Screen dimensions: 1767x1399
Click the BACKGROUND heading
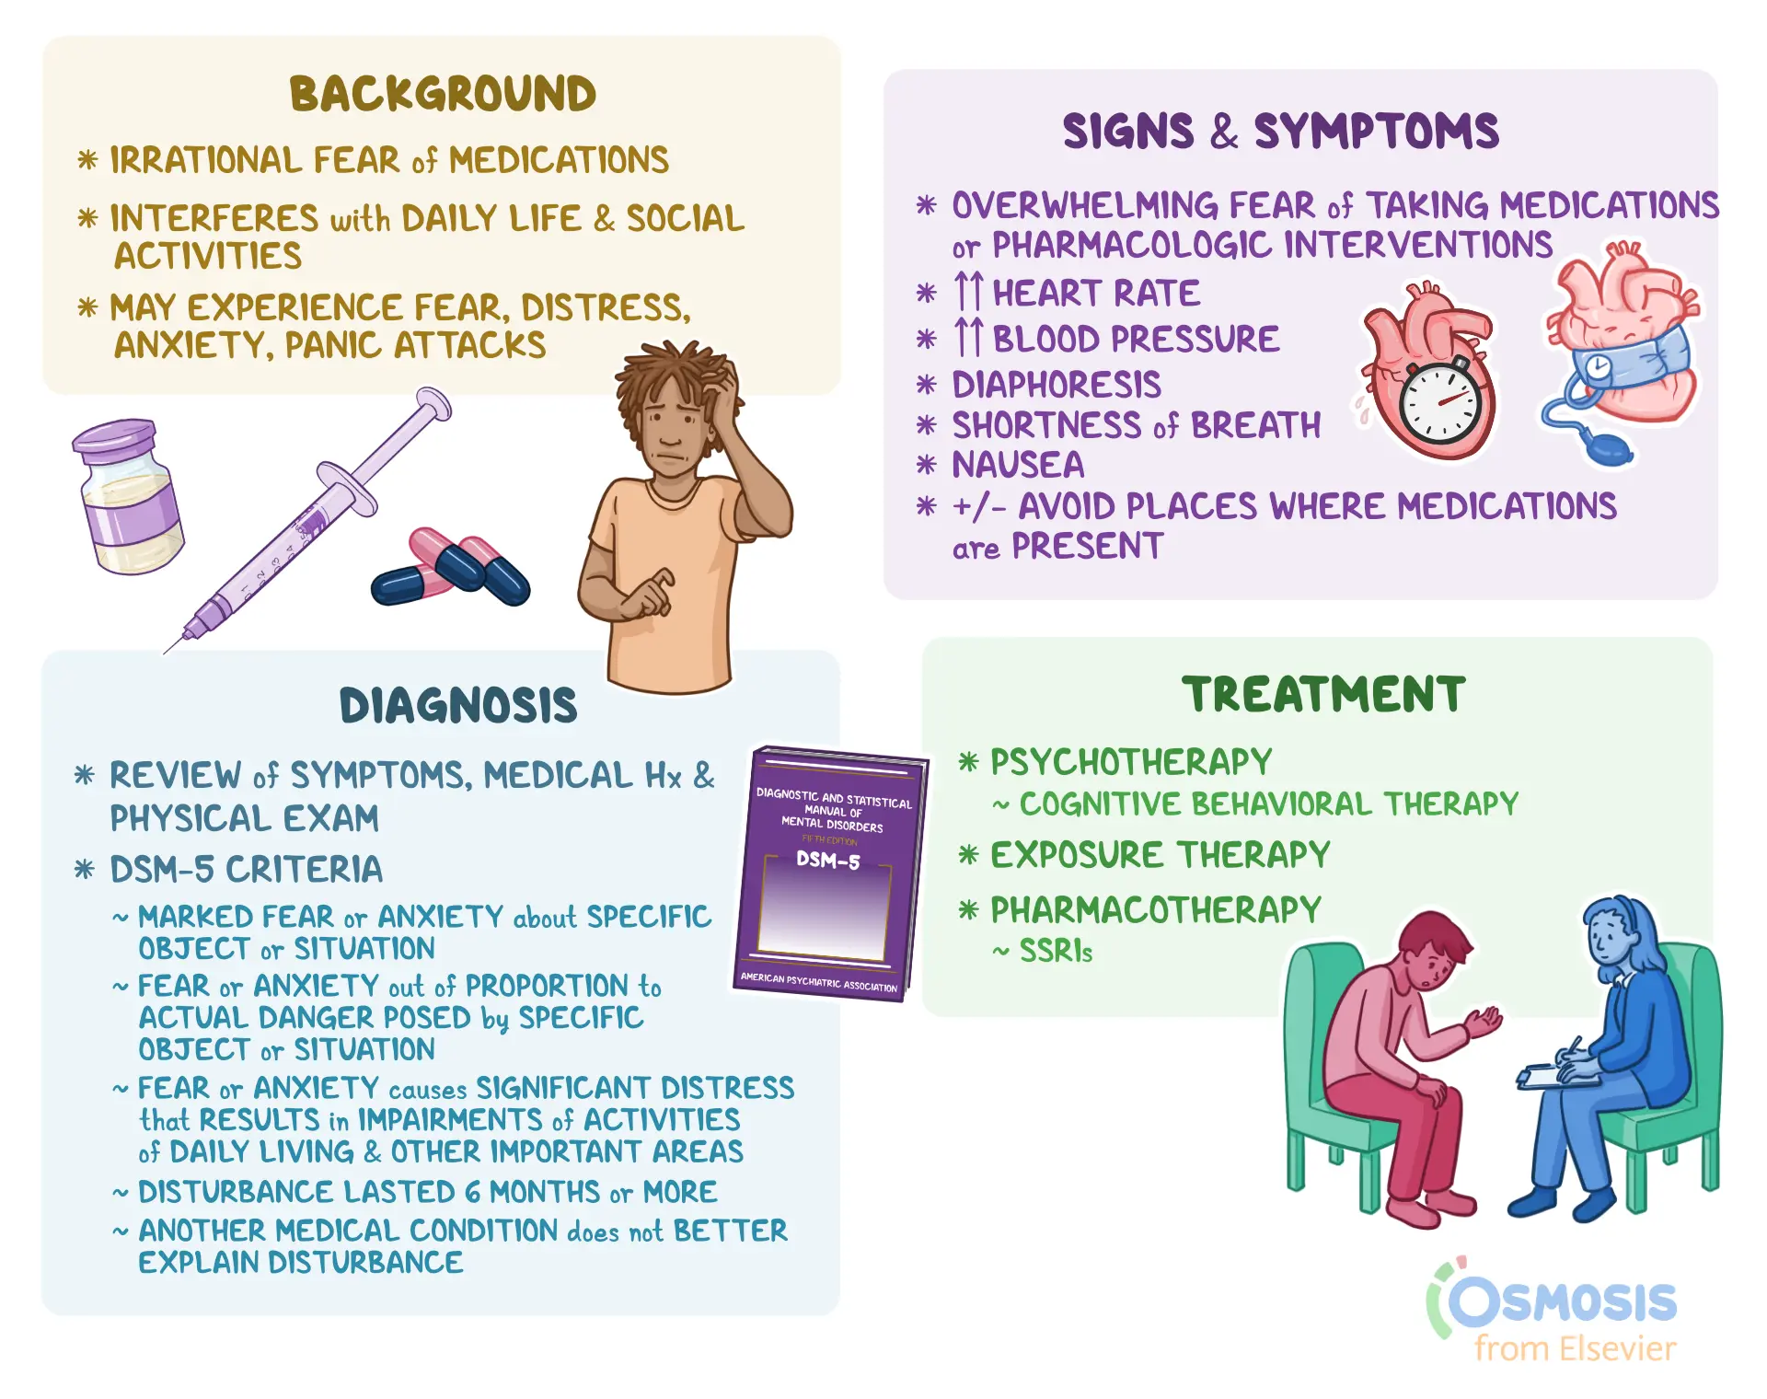(443, 94)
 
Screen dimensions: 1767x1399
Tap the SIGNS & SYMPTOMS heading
(1280, 131)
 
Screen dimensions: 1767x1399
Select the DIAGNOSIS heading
(458, 706)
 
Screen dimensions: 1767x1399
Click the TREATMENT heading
(1323, 694)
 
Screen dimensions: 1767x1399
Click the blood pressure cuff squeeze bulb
(1605, 448)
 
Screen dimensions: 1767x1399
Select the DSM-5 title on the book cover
(828, 861)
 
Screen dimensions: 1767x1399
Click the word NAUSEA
(1018, 465)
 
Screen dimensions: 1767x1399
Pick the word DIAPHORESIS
(1057, 385)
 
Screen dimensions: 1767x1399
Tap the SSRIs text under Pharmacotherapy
(1056, 951)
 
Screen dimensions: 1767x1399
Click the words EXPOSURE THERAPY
(1160, 855)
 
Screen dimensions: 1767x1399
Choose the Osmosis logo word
(1563, 1302)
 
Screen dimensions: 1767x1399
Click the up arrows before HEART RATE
(969, 292)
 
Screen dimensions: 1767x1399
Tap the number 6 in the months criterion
(472, 1192)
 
